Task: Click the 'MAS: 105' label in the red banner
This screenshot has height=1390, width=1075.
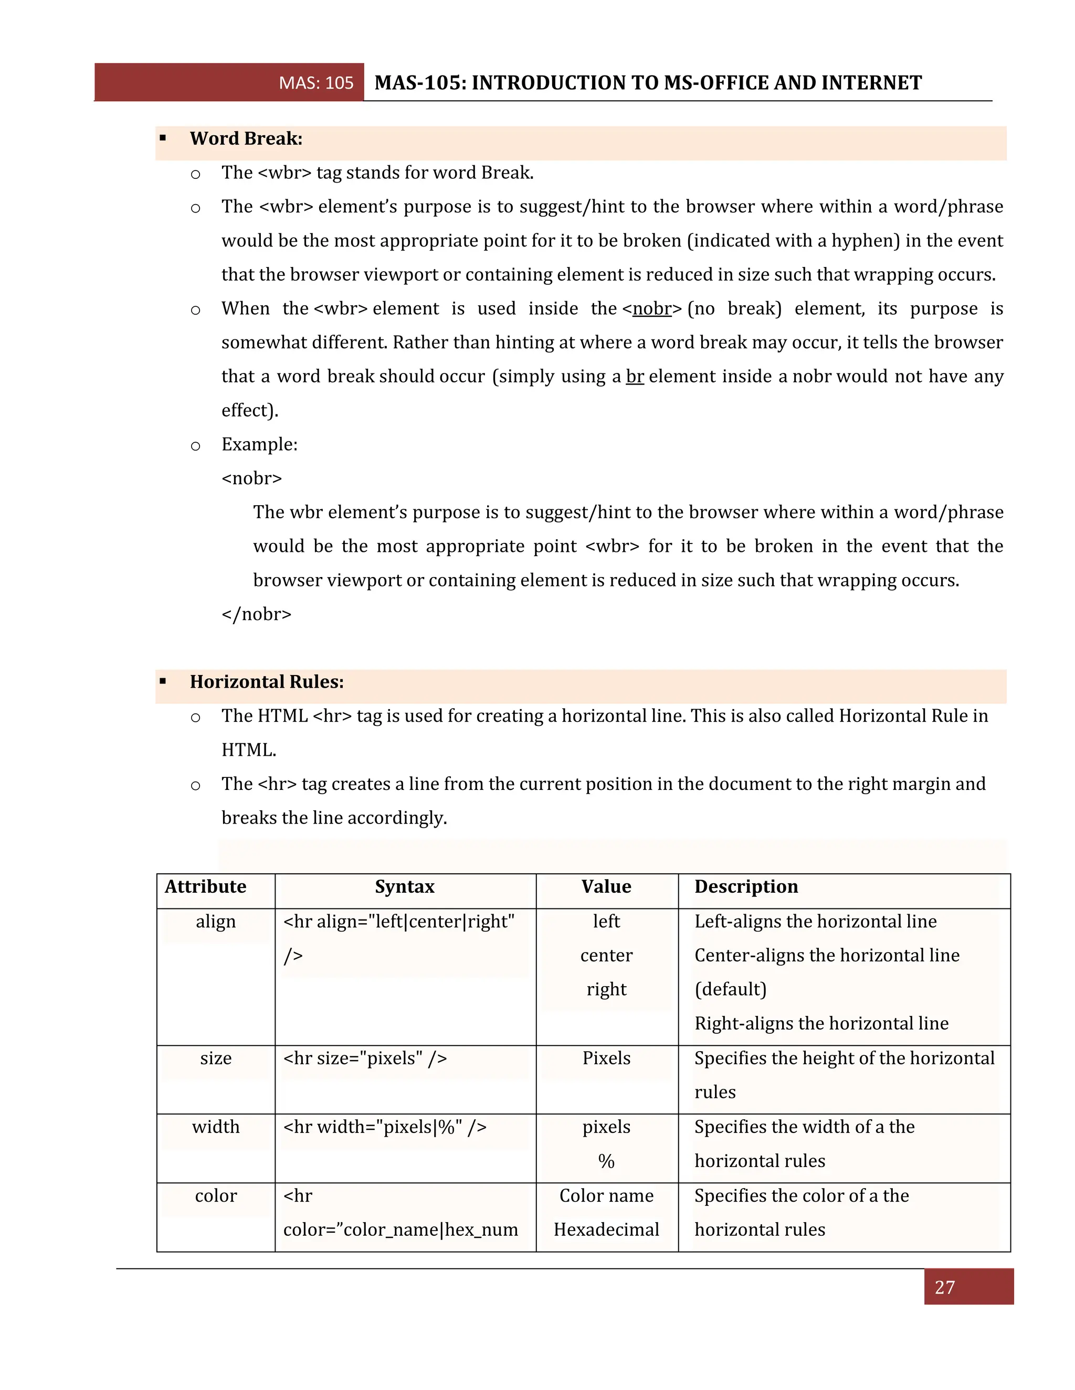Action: point(316,83)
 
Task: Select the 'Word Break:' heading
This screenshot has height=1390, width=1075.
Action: point(246,139)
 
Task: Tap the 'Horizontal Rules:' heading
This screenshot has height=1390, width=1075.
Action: point(266,682)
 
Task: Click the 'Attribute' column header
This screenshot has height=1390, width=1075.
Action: point(205,886)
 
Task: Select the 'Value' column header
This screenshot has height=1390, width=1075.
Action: point(606,886)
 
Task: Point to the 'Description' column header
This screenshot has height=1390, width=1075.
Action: point(746,886)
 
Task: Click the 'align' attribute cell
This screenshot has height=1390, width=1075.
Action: point(215,922)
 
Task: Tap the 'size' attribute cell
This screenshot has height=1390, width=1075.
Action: point(215,1058)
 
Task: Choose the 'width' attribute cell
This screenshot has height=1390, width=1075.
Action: point(215,1127)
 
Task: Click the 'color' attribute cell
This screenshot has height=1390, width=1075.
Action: point(215,1195)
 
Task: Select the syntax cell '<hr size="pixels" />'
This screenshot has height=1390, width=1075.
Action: point(365,1058)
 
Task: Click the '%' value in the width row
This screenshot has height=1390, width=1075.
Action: point(606,1161)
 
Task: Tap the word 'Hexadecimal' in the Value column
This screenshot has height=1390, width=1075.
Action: point(606,1229)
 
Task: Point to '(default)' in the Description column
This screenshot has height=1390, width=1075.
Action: point(731,989)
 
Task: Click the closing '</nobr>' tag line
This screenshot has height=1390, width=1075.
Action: point(256,614)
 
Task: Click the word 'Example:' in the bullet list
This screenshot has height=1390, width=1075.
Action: point(259,444)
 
